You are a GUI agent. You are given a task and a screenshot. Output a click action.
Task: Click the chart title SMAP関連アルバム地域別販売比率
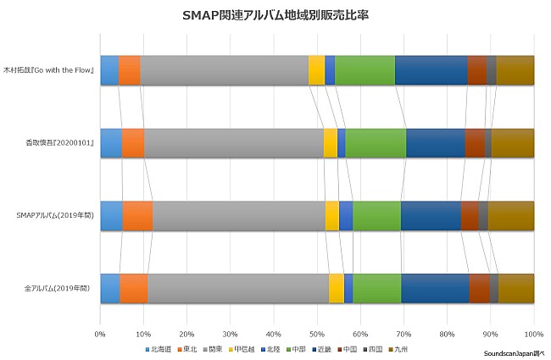(x=275, y=15)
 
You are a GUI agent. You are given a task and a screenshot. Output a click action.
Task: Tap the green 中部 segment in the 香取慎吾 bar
(x=376, y=143)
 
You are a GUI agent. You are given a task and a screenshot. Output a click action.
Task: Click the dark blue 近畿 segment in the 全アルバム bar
(x=435, y=288)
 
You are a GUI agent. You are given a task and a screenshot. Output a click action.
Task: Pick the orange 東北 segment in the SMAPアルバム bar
(x=137, y=216)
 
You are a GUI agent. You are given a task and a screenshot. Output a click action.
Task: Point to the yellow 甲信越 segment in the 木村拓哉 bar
(x=316, y=70)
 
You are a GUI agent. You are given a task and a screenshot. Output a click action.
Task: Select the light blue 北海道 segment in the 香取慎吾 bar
(x=111, y=143)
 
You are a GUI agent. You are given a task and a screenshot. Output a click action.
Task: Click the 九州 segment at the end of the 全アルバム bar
(x=516, y=288)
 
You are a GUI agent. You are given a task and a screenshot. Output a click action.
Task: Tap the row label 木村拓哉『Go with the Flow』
(x=49, y=70)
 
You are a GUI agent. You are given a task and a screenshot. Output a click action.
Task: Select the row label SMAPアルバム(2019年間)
(x=53, y=216)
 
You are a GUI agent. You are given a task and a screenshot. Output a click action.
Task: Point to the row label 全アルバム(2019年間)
(x=58, y=289)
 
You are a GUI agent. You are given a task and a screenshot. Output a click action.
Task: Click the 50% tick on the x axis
(x=317, y=334)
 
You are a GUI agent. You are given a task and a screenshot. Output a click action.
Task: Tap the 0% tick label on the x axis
(x=100, y=334)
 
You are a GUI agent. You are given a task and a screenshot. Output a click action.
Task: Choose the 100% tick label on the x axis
(x=533, y=334)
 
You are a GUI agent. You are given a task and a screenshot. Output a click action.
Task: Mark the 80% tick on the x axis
(x=447, y=334)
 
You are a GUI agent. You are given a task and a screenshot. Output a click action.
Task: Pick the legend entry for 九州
(x=398, y=349)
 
